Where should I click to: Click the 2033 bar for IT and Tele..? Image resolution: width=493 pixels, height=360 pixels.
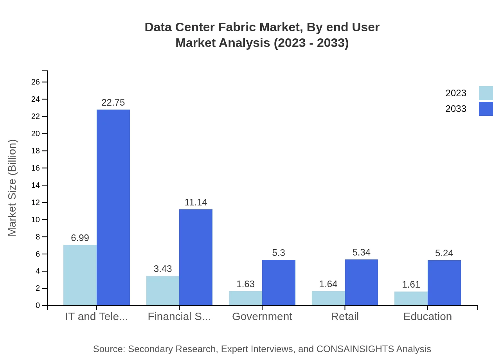point(113,207)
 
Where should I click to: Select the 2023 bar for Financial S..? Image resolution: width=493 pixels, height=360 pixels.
point(163,290)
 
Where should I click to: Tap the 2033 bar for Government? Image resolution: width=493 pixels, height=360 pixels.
point(279,283)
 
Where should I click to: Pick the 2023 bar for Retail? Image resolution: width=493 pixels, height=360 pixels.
point(328,298)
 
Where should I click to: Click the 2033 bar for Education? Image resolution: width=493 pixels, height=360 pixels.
point(444,283)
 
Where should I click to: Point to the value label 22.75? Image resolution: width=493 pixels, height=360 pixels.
point(113,103)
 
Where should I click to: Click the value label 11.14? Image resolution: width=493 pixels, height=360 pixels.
point(196,202)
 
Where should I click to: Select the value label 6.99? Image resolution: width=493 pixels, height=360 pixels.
point(80,238)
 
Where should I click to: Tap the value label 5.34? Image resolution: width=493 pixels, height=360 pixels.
point(361,252)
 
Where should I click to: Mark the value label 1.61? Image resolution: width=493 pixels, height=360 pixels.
point(411,284)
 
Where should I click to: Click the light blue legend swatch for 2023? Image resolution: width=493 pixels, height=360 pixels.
point(486,93)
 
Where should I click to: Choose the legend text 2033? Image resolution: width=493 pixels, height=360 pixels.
point(456,109)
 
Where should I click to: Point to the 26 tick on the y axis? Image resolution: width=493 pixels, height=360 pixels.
point(36,82)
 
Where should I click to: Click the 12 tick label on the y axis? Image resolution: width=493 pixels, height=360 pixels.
point(36,202)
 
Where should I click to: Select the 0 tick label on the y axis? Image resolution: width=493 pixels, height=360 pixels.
point(38,306)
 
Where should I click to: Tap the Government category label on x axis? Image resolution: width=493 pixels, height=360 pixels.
point(262,317)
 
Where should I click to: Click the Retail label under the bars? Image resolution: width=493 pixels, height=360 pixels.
point(345,317)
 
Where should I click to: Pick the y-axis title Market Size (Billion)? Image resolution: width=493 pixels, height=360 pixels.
point(13,188)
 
